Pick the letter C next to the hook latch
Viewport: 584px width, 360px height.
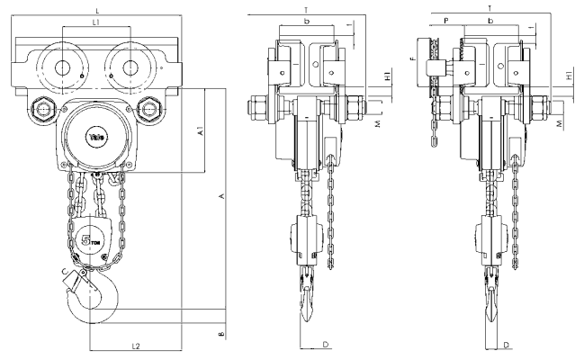click(x=64, y=270)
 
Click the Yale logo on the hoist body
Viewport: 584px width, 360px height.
click(x=96, y=137)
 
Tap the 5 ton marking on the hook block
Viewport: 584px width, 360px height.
click(x=91, y=240)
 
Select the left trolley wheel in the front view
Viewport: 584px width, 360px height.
click(x=63, y=67)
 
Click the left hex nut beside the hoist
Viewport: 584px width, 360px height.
click(x=40, y=112)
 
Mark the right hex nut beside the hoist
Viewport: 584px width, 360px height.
click(x=152, y=112)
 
